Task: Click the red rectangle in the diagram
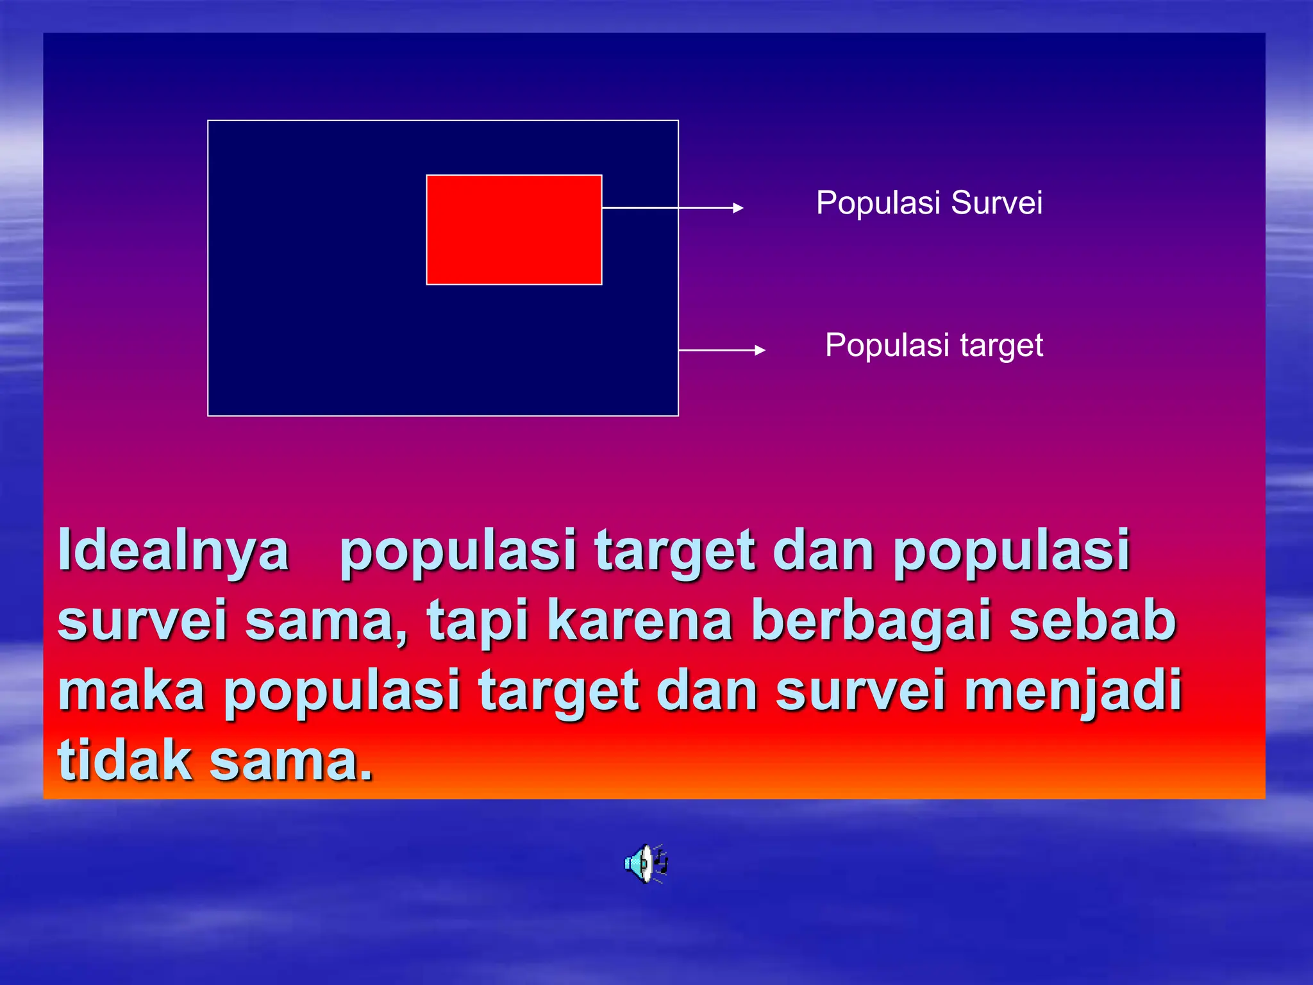point(514,230)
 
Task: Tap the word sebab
point(1092,620)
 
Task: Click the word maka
point(131,691)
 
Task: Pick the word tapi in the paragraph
point(478,620)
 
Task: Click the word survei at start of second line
point(142,620)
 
